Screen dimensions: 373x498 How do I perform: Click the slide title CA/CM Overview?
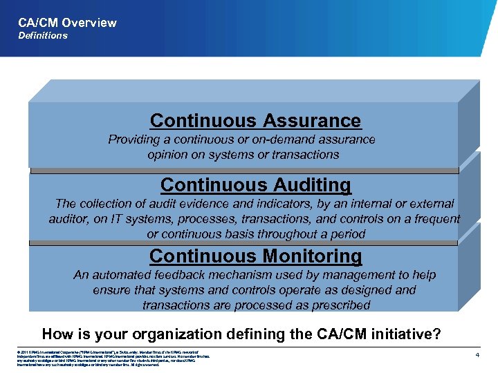pos(68,22)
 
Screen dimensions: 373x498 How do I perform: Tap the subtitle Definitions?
pos(43,36)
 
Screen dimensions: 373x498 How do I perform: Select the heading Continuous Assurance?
pos(255,120)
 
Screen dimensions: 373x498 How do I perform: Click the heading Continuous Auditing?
pos(255,185)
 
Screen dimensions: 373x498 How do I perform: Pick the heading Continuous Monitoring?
pos(255,256)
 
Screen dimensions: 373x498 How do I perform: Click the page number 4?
pos(477,354)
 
